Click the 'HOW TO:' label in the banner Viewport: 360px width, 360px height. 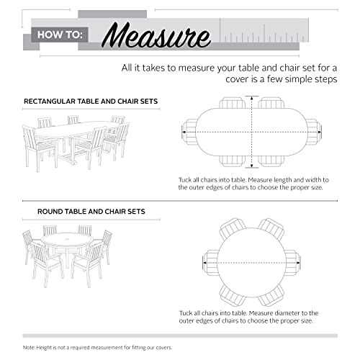tap(60, 35)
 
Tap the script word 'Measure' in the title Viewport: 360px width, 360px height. tap(157, 36)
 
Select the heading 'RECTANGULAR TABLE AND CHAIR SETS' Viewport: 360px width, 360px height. tap(91, 102)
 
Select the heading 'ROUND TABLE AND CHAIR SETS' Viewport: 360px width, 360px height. tap(91, 212)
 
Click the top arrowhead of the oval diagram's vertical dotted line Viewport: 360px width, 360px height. tap(252, 98)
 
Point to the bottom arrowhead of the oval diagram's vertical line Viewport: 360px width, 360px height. tap(252, 166)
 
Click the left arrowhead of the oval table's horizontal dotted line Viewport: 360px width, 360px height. tap(184, 132)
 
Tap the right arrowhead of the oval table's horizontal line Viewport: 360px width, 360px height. tap(320, 132)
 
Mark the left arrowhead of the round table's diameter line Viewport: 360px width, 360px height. tap(205, 263)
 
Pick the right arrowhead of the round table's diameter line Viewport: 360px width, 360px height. tap(298, 263)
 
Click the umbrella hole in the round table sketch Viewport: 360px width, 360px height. tap(67, 239)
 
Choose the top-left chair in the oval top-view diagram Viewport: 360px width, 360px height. tap(233, 103)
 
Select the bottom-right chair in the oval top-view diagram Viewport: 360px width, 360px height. tap(271, 161)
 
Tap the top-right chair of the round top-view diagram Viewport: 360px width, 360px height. tap(271, 230)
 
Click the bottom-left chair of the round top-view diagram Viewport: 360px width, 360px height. tap(233, 294)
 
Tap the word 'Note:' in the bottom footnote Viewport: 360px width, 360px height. tap(29, 348)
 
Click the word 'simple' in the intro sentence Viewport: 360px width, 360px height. tap(300, 79)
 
